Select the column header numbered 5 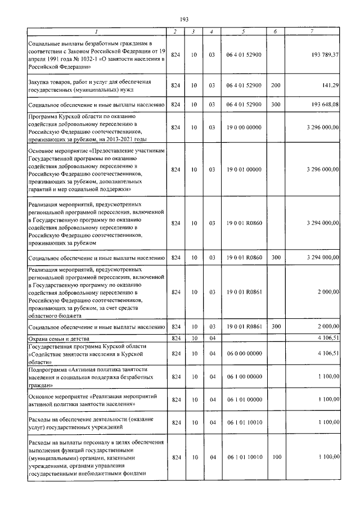tap(244, 31)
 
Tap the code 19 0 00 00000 tap(244, 128)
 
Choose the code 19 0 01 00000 tap(244, 169)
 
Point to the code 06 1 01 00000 tap(244, 399)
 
